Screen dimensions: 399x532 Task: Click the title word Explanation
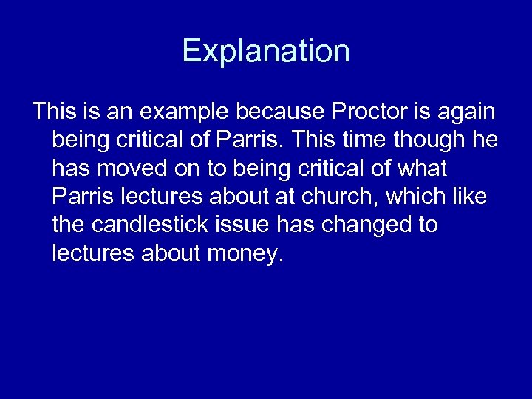coord(266,52)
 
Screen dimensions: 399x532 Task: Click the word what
coord(423,169)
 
